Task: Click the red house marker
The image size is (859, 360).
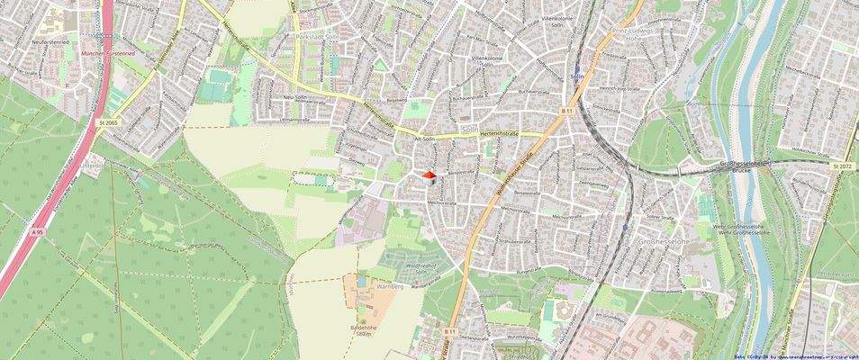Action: click(x=429, y=176)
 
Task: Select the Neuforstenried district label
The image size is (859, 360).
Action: click(x=27, y=41)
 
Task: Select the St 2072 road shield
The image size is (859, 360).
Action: click(x=842, y=166)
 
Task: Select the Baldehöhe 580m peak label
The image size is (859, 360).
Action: click(x=364, y=329)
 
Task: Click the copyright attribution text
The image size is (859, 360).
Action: click(x=796, y=356)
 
